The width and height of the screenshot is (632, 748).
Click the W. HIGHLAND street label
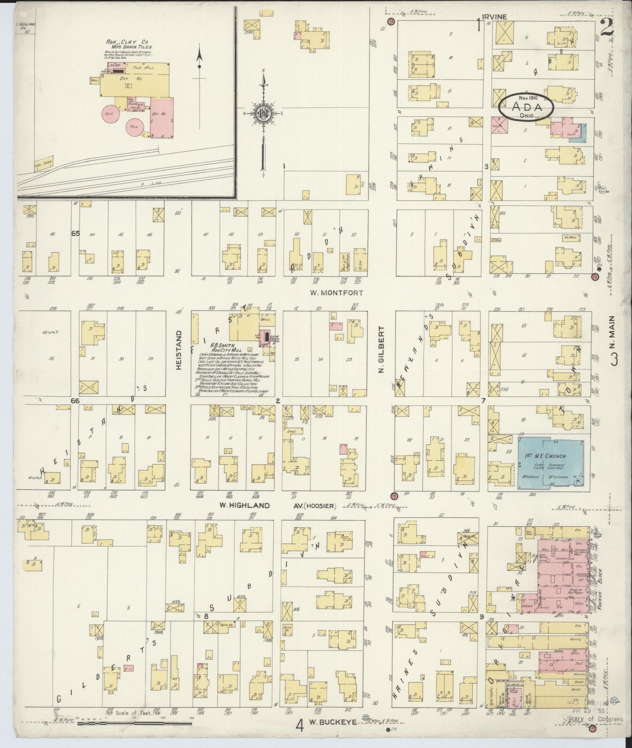238,505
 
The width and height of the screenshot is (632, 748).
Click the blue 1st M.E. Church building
553,463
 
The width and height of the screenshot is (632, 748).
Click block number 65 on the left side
75,234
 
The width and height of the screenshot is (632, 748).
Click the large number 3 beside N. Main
614,360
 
